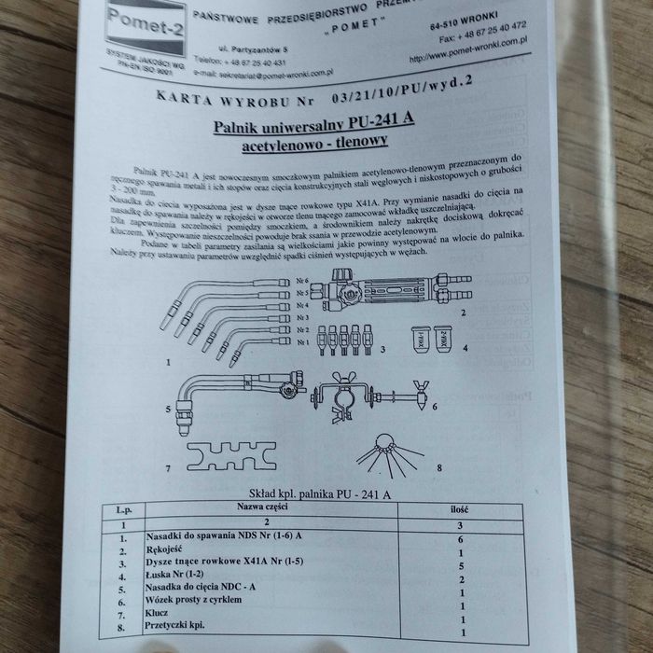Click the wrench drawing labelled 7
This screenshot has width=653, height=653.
(225, 456)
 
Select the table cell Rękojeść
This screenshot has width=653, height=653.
(169, 549)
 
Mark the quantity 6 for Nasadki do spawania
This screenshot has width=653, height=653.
(461, 539)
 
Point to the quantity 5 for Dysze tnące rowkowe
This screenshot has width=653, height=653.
(461, 566)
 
